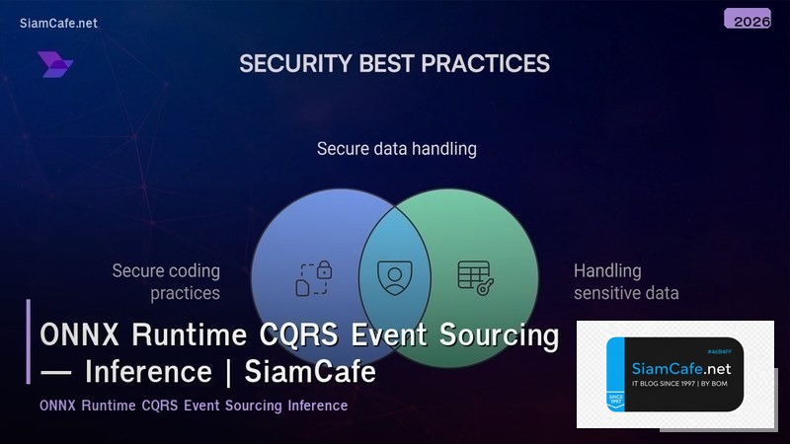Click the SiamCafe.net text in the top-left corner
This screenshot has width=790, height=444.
tap(58, 23)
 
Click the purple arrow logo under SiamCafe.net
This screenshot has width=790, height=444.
tap(55, 65)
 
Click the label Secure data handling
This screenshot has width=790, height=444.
tap(396, 149)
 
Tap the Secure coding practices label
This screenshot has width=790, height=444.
tap(166, 281)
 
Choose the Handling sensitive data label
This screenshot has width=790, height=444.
tap(626, 281)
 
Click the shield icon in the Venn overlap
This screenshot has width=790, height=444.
tap(395, 277)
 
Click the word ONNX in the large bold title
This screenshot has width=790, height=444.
tap(75, 336)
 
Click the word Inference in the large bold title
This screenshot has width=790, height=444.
tap(148, 373)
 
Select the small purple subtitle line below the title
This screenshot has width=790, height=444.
tap(194, 406)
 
